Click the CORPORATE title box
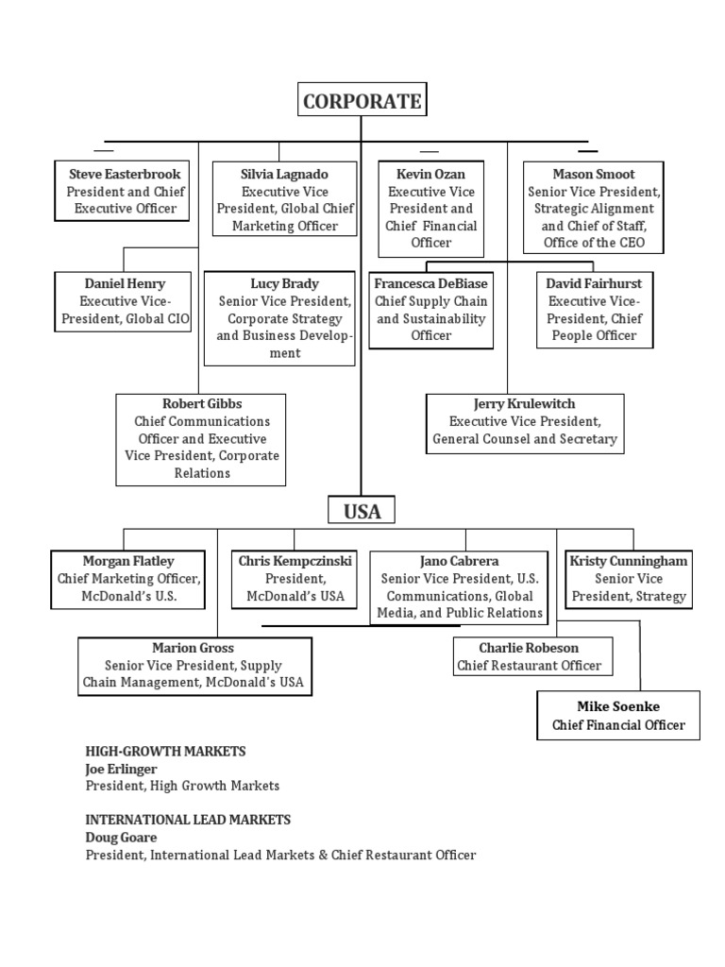point(362,101)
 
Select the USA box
point(362,511)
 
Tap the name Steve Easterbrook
point(125,174)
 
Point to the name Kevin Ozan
point(431,174)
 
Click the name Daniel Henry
point(125,283)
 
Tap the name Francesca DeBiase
point(430,283)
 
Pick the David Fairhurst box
point(594,310)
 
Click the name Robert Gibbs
point(202,403)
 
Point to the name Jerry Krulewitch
point(525,403)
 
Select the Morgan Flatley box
point(128,579)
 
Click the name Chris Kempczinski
point(295,561)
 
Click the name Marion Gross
point(194,648)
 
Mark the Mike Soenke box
point(618,716)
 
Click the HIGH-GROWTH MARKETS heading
point(165,751)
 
